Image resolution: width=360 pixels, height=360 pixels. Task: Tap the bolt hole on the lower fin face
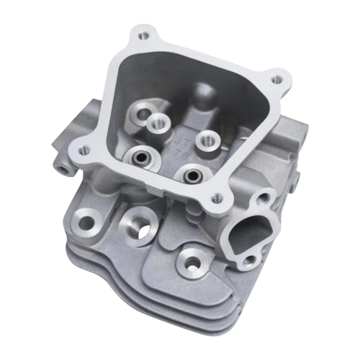click(x=192, y=258)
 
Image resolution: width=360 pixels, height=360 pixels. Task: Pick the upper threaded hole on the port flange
click(x=264, y=195)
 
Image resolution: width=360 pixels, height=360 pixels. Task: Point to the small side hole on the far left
click(x=67, y=167)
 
